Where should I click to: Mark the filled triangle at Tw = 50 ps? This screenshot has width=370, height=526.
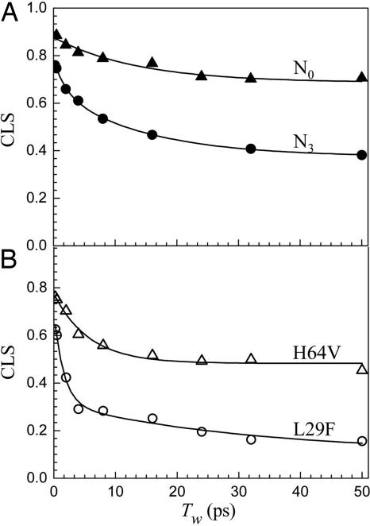tap(362, 77)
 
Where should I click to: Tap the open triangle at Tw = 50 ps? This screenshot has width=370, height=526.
tap(362, 369)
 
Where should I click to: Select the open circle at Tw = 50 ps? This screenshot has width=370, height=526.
tap(362, 441)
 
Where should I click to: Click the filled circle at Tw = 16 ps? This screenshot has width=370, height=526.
tap(152, 135)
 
